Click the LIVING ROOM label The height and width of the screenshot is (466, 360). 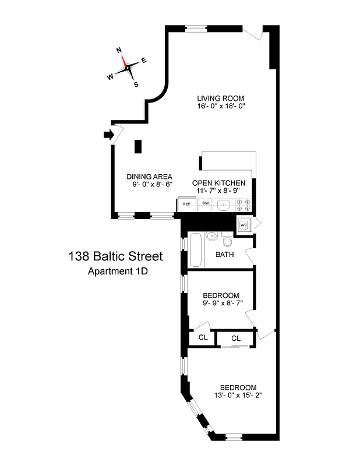tap(220, 98)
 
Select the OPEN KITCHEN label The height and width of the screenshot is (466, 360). tap(218, 183)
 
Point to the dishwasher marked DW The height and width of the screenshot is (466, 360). tap(206, 204)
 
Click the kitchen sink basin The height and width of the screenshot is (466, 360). tap(224, 204)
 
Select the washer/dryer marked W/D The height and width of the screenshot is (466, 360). tap(244, 224)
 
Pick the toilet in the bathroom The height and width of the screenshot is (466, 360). tap(228, 241)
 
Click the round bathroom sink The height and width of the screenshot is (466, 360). tap(212, 236)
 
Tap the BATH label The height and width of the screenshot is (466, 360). tap(225, 255)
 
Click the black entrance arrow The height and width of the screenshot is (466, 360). tap(108, 135)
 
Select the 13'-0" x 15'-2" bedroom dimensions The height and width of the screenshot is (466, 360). tap(238, 396)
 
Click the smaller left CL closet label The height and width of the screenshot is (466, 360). tap(203, 338)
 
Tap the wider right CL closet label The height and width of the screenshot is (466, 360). tap(236, 338)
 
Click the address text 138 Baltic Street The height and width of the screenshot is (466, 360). tap(115, 256)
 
